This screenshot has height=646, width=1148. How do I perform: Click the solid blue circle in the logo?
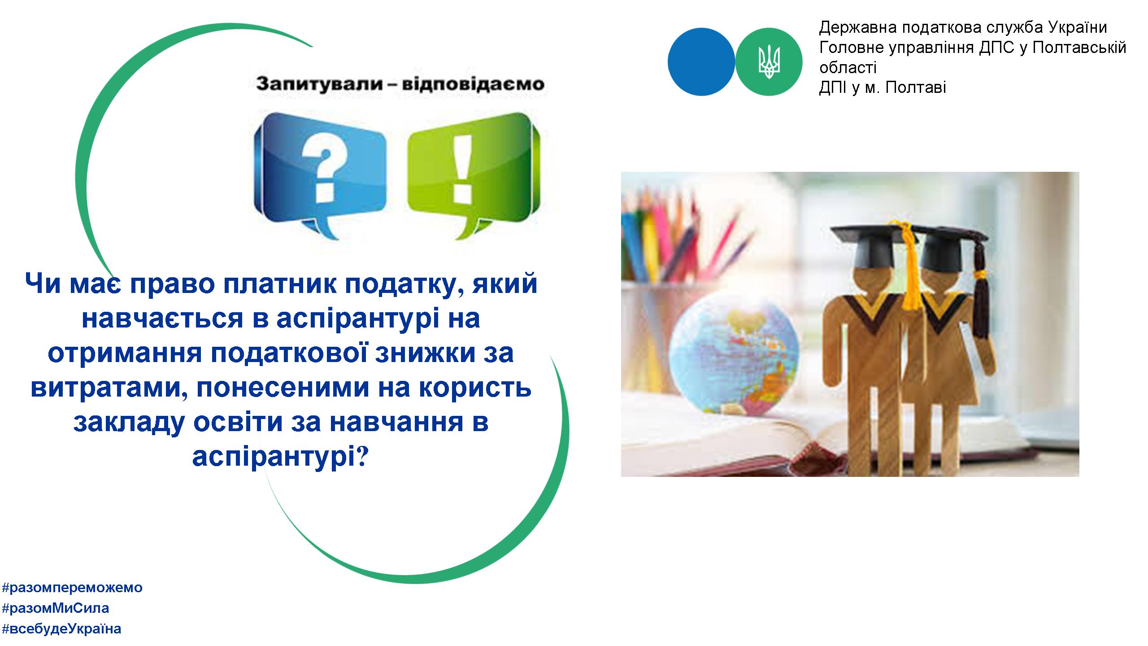(x=701, y=61)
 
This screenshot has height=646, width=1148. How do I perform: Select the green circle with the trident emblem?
(x=770, y=61)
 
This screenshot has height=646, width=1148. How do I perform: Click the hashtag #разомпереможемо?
(x=72, y=587)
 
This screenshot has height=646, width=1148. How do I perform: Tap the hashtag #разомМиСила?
(x=56, y=608)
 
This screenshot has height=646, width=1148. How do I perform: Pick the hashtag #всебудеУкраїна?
(x=61, y=629)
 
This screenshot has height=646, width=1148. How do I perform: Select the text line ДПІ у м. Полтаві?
(x=883, y=87)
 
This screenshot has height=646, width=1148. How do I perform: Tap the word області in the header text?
(x=848, y=68)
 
